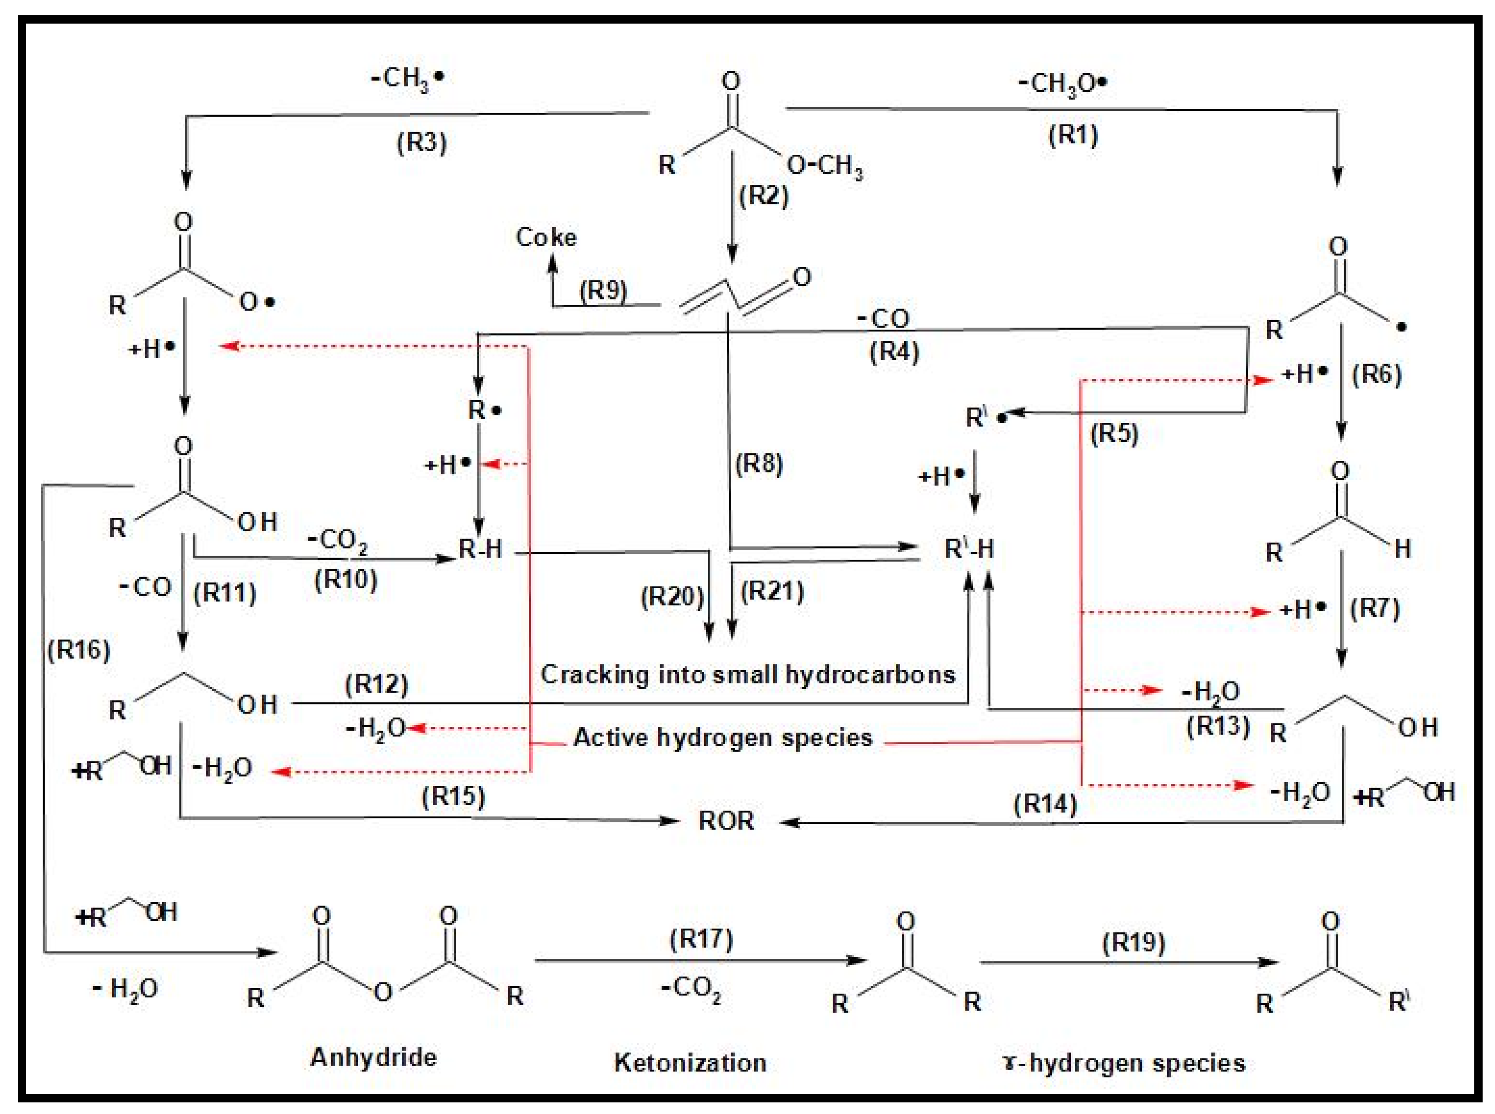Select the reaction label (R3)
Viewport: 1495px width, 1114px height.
421,142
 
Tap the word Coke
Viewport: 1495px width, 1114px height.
546,237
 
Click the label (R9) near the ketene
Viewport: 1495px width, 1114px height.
603,291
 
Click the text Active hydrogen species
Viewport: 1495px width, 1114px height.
723,737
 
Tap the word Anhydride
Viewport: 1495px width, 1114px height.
373,1057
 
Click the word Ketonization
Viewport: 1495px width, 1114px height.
690,1063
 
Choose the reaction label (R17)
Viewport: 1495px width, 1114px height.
701,939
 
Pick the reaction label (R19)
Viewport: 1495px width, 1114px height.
1134,943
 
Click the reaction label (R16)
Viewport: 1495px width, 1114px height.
79,649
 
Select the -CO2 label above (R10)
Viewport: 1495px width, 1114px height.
338,540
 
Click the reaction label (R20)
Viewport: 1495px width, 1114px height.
672,596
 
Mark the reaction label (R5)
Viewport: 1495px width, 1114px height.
1114,433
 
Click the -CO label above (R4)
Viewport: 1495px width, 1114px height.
884,318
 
